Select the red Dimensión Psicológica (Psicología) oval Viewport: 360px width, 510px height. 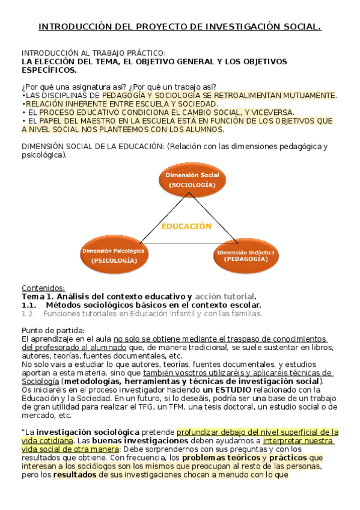114,255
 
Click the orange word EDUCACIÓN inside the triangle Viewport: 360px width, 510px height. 186,226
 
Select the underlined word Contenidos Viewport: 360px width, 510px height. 43,287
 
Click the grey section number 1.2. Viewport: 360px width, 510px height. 28,313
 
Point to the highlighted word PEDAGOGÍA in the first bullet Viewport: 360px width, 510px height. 125,95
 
